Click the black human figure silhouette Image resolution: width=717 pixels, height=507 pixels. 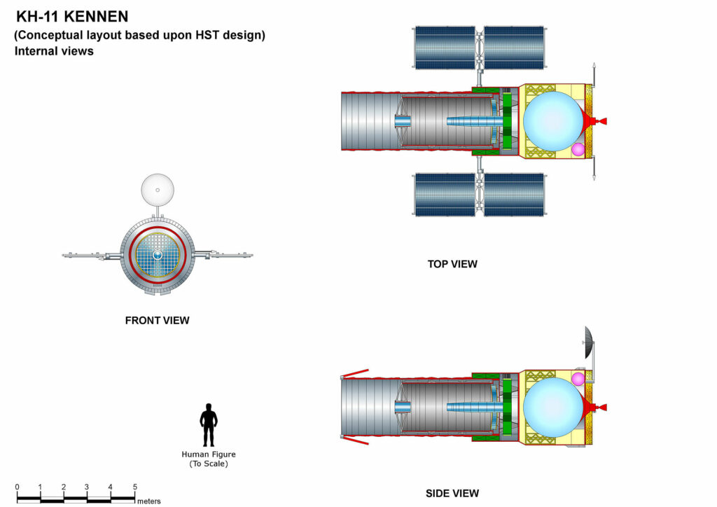(209, 424)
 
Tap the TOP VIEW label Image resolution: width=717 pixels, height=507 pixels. (452, 264)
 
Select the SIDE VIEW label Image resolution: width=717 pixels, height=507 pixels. (452, 494)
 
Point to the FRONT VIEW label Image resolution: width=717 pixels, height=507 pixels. (157, 321)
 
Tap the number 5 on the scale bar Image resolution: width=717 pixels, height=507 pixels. (134, 487)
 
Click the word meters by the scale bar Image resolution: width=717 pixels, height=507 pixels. (149, 501)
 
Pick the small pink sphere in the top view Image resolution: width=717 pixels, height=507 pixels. (578, 149)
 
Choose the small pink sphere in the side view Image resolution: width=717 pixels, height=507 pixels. (578, 379)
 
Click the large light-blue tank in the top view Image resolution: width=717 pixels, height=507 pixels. (552, 121)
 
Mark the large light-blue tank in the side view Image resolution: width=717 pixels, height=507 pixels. (552, 408)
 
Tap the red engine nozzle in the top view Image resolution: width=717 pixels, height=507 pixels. (597, 121)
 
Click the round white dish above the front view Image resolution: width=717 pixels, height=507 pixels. (158, 189)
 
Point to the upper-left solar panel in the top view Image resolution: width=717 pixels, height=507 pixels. (444, 47)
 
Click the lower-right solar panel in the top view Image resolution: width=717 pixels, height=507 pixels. (514, 194)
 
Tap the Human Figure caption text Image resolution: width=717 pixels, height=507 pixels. (209, 459)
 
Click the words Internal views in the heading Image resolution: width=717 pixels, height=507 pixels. (54, 51)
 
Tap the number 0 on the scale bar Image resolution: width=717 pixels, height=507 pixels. (18, 487)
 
